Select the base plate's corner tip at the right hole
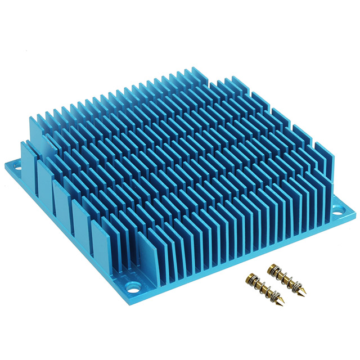point(354,212)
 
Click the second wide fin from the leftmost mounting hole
point(45,174)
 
